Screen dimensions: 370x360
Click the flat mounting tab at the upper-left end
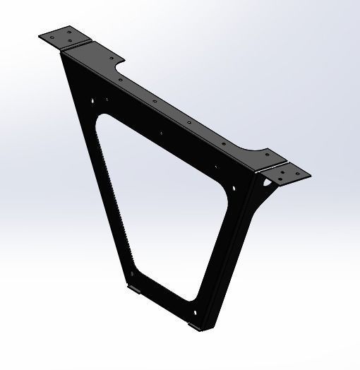click(65, 37)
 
